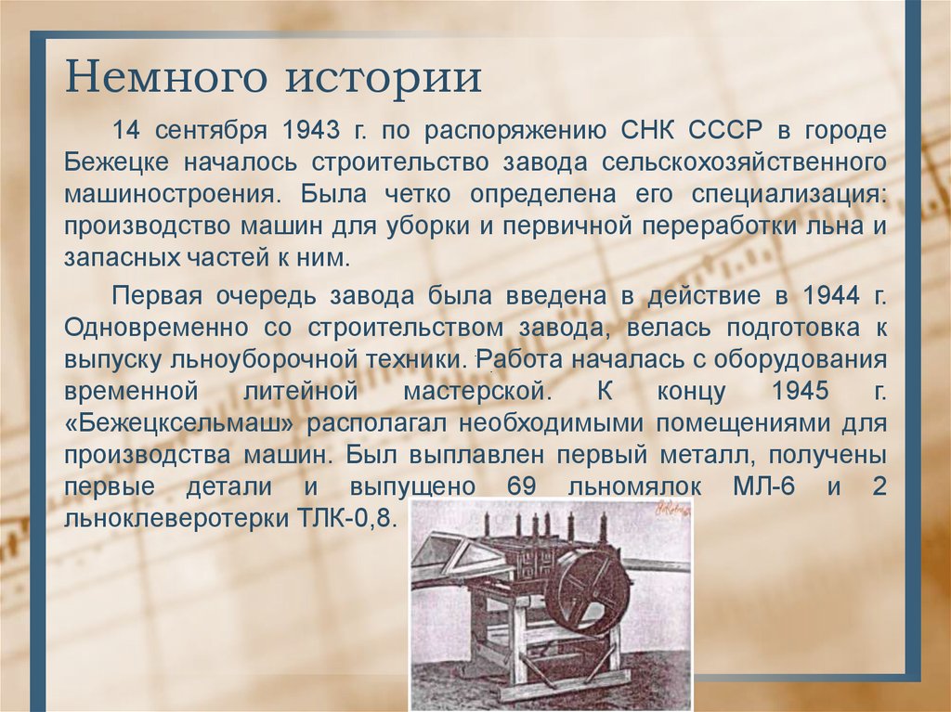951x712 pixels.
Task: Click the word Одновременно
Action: (157, 327)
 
